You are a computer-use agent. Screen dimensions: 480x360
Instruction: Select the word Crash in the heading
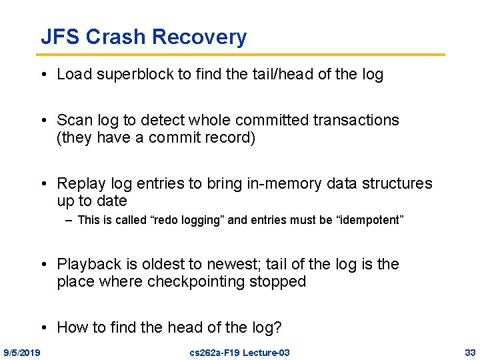(x=119, y=37)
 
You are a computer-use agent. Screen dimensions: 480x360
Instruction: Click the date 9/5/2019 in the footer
(x=22, y=352)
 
